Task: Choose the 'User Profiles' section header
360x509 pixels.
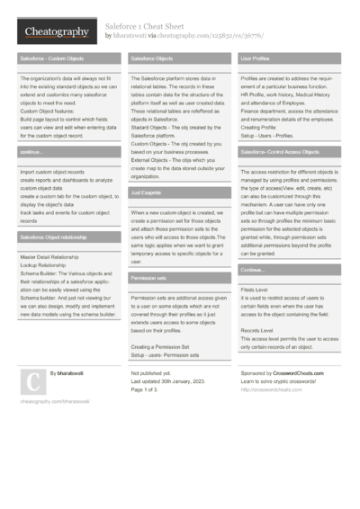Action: pos(255,58)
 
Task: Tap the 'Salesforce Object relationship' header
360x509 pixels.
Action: pos(54,237)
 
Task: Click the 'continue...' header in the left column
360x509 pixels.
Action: pos(31,153)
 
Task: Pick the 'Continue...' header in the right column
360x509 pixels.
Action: pos(252,270)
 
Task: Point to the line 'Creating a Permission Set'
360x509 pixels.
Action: pos(160,346)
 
